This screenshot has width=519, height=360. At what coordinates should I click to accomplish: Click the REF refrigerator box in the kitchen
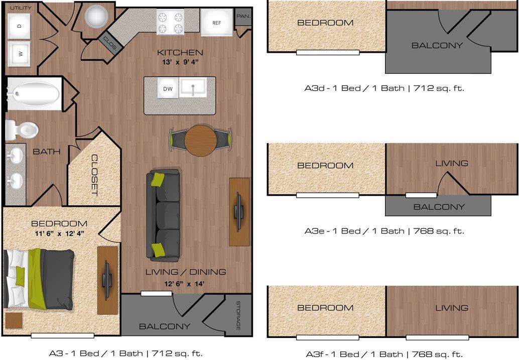coord(216,23)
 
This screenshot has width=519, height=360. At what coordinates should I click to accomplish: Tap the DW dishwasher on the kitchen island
coord(168,89)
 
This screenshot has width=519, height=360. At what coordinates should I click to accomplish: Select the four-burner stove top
coord(171,22)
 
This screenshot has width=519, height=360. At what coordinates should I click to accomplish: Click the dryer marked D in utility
coord(19,25)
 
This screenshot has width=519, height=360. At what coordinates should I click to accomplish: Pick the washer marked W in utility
coord(19,52)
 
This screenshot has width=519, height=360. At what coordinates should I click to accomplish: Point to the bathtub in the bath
coord(33,93)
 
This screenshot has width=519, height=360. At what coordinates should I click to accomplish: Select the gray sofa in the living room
coord(163,215)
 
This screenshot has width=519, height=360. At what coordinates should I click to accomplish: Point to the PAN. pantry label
coord(243,16)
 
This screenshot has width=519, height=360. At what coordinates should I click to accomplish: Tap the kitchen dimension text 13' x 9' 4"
coord(180,62)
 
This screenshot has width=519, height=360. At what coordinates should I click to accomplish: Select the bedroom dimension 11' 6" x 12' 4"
coord(59,233)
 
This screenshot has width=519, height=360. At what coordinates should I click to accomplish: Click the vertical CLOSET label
coord(94,175)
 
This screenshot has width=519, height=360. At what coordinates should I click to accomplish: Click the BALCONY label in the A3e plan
coord(439,206)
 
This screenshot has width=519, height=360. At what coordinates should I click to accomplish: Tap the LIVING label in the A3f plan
coord(452,308)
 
